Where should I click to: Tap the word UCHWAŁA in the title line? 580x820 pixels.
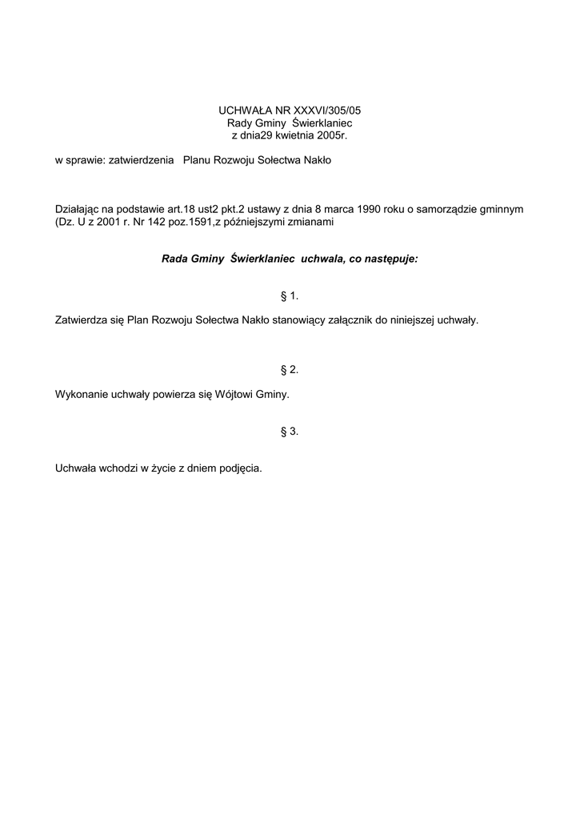pos(242,110)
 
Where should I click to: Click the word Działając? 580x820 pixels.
pos(77,210)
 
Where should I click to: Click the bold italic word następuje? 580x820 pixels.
pos(390,259)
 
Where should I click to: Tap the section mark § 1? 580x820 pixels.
pos(290,296)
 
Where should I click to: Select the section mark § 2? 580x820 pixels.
pos(290,370)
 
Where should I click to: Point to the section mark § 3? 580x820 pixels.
pos(290,432)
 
